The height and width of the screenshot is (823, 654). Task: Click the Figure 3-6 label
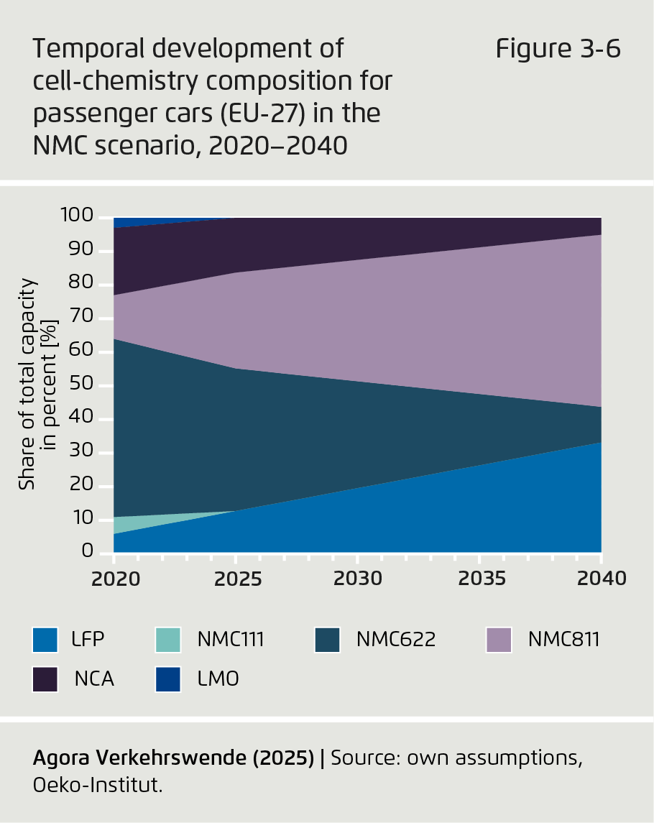tap(557, 50)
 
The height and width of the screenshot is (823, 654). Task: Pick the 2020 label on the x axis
tap(114, 579)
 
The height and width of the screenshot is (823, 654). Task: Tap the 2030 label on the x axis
tap(357, 579)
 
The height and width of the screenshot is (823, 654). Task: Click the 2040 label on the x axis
tap(602, 579)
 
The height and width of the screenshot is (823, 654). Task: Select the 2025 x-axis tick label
tap(236, 579)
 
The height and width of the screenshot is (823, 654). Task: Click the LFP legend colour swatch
tap(45, 640)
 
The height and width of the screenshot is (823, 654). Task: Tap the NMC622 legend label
tap(395, 639)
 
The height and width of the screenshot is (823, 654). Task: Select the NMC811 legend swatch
tap(499, 640)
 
